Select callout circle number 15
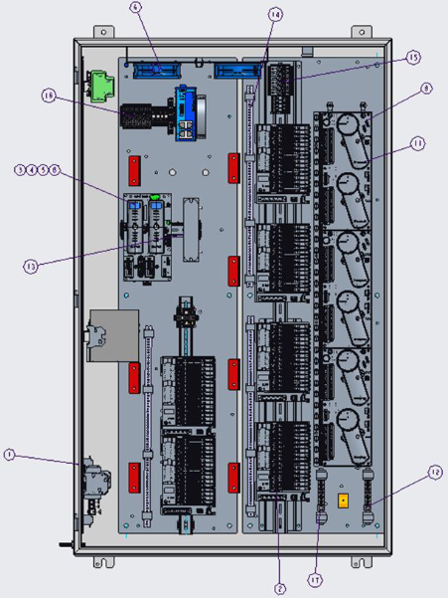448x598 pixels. pyautogui.click(x=412, y=58)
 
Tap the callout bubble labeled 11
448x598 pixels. pyautogui.click(x=417, y=143)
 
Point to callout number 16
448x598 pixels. pyautogui.click(x=47, y=96)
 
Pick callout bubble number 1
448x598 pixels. pyautogui.click(x=9, y=455)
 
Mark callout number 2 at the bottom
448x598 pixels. pyautogui.click(x=280, y=588)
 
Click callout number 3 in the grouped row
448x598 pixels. pyautogui.click(x=20, y=170)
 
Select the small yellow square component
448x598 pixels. pyautogui.click(x=344, y=500)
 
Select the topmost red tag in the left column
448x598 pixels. pyautogui.click(x=133, y=164)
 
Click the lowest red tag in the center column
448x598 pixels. pyautogui.click(x=234, y=476)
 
